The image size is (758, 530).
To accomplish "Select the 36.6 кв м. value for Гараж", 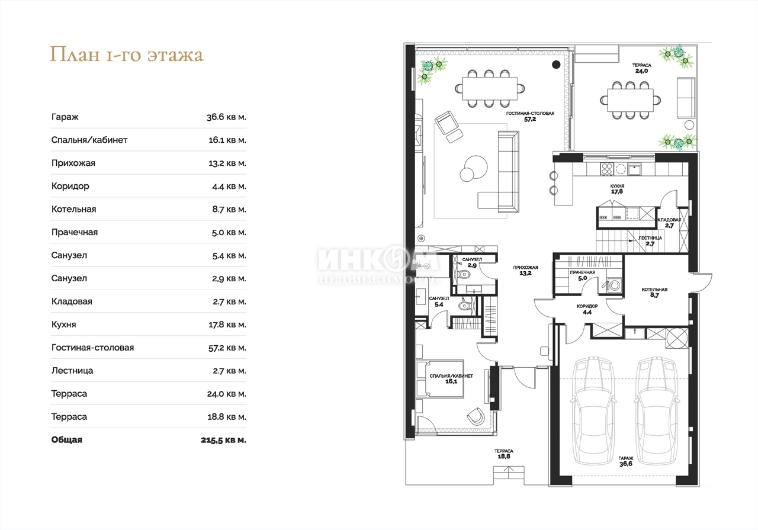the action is tap(226, 117).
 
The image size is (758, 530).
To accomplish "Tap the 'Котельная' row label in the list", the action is tap(74, 209).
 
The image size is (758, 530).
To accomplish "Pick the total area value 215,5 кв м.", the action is tap(223, 440).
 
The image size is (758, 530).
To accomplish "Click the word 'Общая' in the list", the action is tap(67, 439).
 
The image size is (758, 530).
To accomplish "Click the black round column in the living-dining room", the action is tap(556, 65).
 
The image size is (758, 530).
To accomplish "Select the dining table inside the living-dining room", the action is tap(490, 88).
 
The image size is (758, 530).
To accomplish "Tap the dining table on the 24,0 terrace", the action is tap(630, 100).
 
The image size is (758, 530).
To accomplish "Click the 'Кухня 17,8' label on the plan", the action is tap(617, 189).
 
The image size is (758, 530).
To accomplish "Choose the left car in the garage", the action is tap(593, 411).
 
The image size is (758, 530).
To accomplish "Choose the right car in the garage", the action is tap(657, 411).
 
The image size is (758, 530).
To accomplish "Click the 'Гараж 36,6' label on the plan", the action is tap(626, 461).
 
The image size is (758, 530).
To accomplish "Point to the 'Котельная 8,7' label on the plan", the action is tap(654, 293).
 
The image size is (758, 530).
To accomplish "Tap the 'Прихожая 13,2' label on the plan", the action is tap(525, 271).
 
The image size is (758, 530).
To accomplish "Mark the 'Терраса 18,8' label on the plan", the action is tap(504, 454).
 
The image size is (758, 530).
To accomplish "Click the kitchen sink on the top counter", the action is tap(634, 169).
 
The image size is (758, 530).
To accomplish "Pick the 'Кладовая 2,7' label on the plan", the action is tap(669, 223).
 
